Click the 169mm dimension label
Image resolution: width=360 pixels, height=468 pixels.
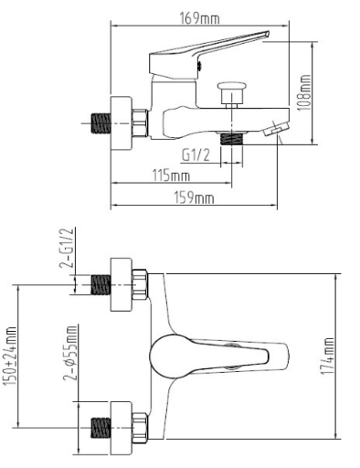[200, 18]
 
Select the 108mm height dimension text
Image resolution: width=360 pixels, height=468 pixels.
[304, 92]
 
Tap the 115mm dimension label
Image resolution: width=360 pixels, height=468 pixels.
[171, 175]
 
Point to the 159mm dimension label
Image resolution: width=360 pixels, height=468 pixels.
[194, 197]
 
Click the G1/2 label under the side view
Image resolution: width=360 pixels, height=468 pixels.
[196, 155]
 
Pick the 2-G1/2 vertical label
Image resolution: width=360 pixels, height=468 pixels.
[68, 248]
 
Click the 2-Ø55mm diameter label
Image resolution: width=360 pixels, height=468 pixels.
[70, 353]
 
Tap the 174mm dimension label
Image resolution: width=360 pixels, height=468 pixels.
[327, 356]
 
